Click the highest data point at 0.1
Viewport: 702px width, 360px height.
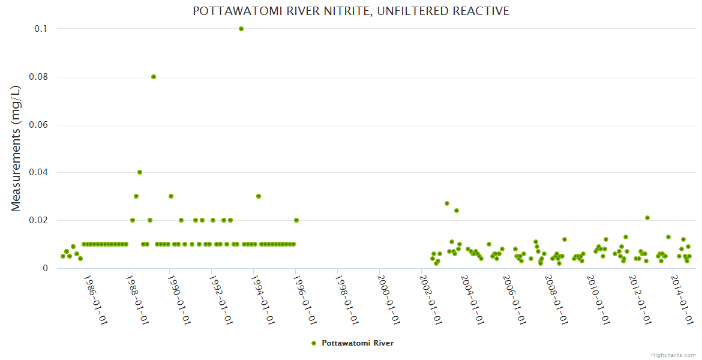(241, 29)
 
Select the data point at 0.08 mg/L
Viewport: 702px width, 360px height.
(154, 77)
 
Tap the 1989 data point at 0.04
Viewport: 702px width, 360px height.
(140, 172)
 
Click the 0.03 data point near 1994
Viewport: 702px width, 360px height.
(259, 196)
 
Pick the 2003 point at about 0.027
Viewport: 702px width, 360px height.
(447, 203)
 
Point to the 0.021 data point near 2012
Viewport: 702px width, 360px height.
(647, 218)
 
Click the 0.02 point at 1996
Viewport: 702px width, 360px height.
(296, 220)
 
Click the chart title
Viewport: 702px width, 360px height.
(351, 11)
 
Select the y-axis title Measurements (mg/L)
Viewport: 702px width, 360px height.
(16, 148)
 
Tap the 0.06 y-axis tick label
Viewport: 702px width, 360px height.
(38, 125)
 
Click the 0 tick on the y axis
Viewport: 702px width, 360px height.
(44, 268)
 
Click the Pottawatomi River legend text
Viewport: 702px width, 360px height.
(358, 343)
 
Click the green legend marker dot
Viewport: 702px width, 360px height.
(313, 343)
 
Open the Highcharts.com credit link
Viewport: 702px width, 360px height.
(673, 355)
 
